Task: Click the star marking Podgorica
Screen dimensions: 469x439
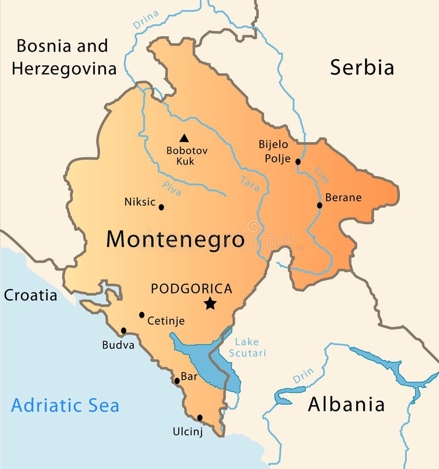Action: tap(210, 303)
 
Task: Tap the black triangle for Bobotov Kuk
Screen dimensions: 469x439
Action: tap(184, 138)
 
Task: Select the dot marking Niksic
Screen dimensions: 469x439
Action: tap(161, 207)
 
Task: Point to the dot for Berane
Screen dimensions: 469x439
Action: tap(319, 205)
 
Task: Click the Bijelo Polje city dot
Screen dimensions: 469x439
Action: tap(298, 161)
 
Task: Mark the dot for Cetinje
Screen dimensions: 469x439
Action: tap(142, 315)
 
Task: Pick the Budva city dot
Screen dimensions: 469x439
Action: tap(123, 330)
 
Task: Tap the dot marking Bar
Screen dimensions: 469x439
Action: tap(177, 381)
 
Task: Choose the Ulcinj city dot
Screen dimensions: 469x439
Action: tap(200, 417)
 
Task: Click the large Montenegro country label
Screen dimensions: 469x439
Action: tap(175, 240)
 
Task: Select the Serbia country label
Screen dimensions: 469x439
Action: tap(362, 67)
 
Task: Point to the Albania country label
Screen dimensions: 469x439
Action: tap(346, 405)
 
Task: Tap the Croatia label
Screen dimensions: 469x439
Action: tap(30, 295)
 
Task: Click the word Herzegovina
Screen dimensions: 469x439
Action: tap(64, 69)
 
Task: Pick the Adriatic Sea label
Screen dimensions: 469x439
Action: tap(65, 406)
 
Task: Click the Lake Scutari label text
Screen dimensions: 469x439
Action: tap(247, 348)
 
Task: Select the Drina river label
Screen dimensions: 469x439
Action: tap(145, 20)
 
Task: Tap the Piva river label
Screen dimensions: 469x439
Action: tap(172, 188)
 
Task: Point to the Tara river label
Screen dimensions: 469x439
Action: tap(249, 183)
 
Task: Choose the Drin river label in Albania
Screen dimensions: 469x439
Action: tap(303, 376)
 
